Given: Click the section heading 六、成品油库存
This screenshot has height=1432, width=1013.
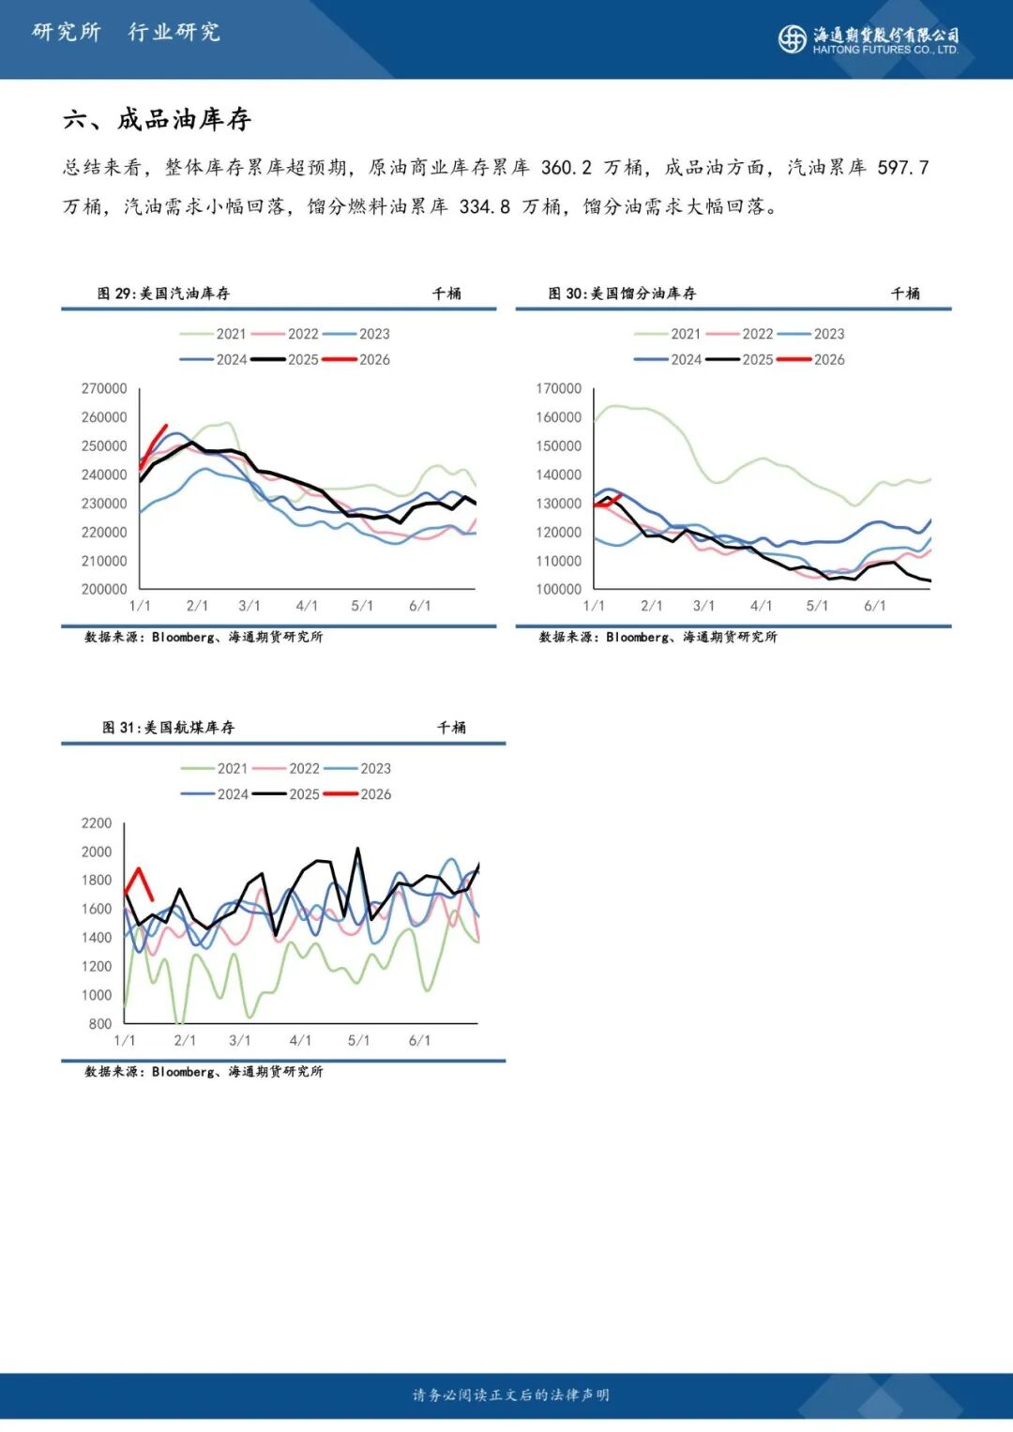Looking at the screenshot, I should point(157,119).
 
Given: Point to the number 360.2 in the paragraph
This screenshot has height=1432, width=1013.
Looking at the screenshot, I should point(566,168).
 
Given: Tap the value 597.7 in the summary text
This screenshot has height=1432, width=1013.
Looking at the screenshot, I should point(902,168).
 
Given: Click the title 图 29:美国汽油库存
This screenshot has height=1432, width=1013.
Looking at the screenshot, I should point(163,294).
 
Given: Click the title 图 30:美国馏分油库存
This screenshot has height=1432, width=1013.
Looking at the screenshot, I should point(622,294).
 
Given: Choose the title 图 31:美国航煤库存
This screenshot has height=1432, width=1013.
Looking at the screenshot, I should point(168,728).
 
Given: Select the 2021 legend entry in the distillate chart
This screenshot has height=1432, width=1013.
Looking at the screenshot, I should point(668,334).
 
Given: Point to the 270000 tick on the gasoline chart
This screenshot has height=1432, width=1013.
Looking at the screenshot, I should point(104,388).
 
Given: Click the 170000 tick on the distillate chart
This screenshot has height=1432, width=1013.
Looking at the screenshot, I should point(558,388).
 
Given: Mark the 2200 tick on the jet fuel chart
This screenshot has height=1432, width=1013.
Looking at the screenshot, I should point(97,823).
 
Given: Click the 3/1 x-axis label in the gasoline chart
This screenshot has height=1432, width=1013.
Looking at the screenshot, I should point(249,606).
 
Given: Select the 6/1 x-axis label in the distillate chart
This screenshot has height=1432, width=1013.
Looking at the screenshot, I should point(874,606).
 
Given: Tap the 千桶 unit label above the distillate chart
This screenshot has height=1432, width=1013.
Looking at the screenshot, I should point(904,294).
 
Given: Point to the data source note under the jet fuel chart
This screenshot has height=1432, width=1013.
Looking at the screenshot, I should point(204,1071).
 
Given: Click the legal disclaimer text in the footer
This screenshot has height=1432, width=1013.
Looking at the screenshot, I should point(510,1395).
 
